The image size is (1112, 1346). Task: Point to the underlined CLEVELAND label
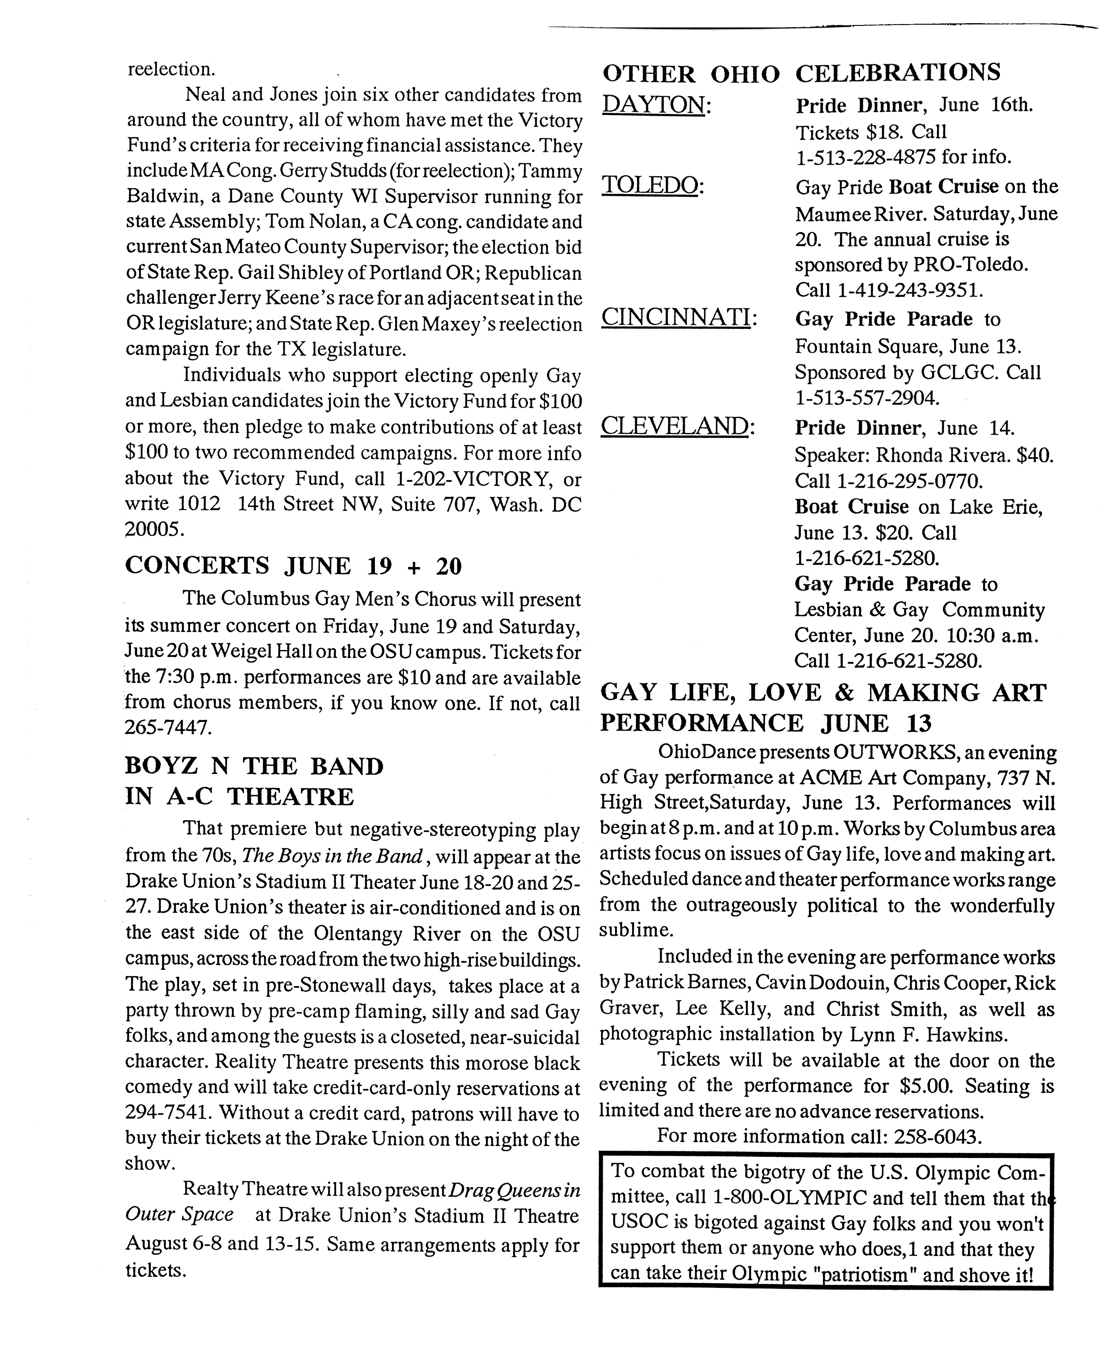click(674, 427)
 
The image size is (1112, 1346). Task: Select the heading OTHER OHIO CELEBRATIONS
click(801, 73)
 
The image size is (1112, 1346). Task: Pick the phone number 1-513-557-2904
click(867, 398)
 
